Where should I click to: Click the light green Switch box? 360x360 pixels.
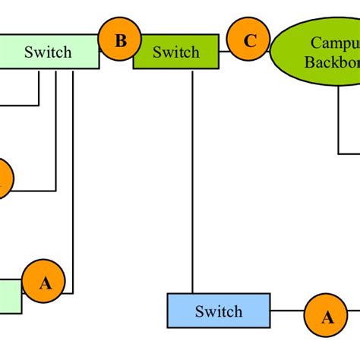[49, 52]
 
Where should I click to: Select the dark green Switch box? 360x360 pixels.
[175, 52]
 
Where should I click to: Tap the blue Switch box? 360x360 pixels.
[218, 311]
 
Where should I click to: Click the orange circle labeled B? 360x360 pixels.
[121, 40]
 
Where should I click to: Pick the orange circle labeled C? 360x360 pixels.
[250, 42]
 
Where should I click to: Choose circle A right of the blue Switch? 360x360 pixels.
[327, 317]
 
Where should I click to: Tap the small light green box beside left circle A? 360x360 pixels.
[10, 296]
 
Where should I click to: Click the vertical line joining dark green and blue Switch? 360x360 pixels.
[192, 182]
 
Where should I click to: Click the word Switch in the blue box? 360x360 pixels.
[218, 311]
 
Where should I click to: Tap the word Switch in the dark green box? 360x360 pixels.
[175, 52]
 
